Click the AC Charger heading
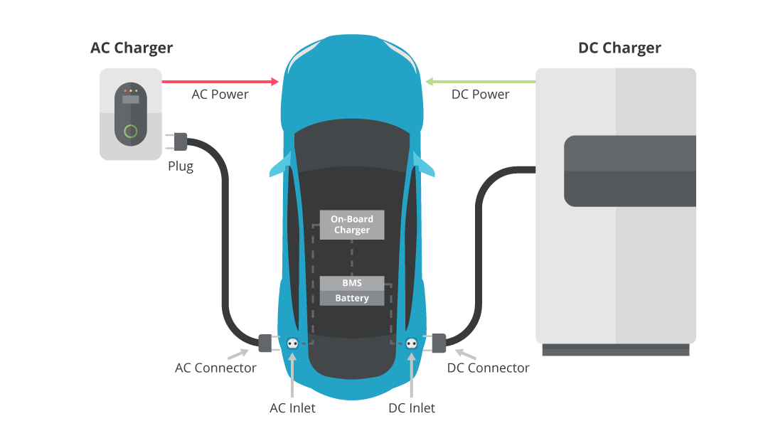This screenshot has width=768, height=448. pos(132,48)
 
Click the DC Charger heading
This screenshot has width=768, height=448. pos(619,48)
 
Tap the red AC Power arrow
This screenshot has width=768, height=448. pos(220,82)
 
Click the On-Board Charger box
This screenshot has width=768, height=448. pos(352,225)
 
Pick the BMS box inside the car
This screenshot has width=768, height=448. pos(352,283)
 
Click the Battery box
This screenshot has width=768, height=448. pos(352,298)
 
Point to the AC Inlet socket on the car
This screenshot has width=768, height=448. pos(292,343)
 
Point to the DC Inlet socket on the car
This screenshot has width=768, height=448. pos(411,343)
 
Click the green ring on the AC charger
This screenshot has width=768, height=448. pos(130,132)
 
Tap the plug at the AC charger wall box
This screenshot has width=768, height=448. pos(179,142)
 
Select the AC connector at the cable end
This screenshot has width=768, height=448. pos(265,343)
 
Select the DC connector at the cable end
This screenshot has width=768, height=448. pos(438,343)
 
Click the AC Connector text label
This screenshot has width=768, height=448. pos(215,368)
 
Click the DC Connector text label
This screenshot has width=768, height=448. pos(488,368)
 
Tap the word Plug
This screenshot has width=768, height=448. pos(181,167)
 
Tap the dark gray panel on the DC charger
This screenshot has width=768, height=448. pos(630,171)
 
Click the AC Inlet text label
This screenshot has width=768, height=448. pos(292,408)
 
